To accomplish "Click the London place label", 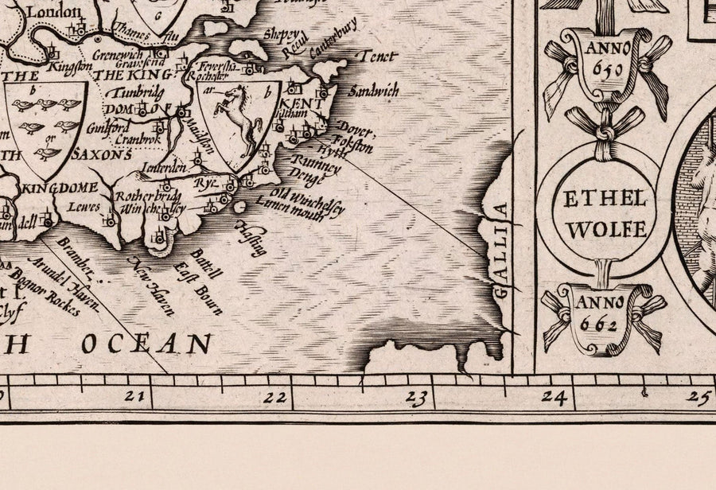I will coord(53,11).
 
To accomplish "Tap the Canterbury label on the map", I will coord(334,36).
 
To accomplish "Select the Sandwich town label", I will coord(373,91).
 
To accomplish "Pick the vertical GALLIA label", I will coord(500,251).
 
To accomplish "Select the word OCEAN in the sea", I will coord(149,343).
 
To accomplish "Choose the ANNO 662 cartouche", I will coord(604,315).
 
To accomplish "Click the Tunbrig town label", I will coord(133,91).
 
